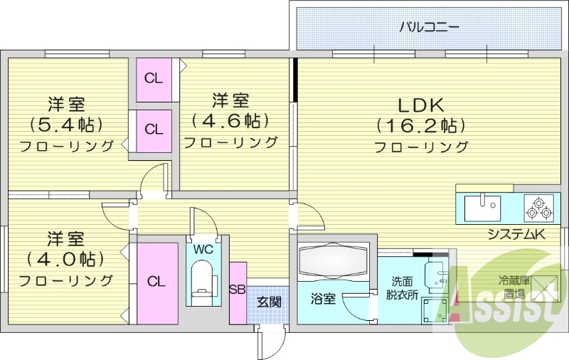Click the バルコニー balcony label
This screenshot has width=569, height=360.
pos(428,27)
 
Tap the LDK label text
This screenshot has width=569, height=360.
pos(420,105)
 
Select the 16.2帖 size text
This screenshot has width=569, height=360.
pos(420,126)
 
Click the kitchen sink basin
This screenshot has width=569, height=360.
pos(483,208)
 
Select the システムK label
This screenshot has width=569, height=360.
pos(516,234)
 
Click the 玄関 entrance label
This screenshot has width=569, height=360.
pos(268,302)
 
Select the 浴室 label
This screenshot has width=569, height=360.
pos(323,300)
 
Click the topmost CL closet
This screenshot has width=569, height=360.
pos(154,78)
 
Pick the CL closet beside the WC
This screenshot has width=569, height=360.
pos(156,282)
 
